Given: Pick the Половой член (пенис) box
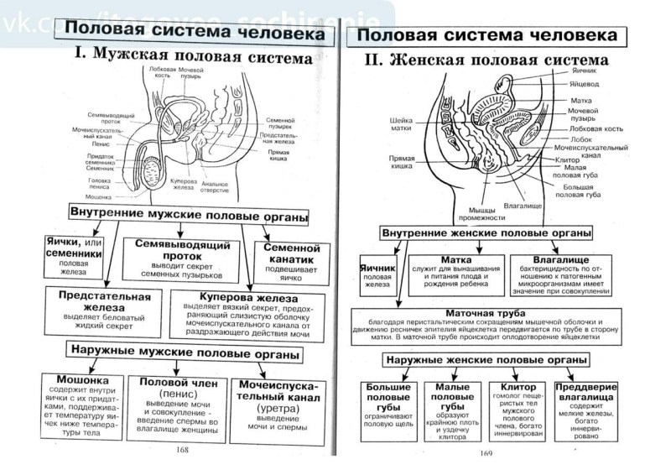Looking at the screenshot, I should [x=178, y=407].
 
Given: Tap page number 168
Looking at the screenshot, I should [x=183, y=451].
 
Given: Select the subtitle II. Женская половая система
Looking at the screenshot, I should [x=486, y=60].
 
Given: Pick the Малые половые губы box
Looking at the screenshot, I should [x=445, y=407].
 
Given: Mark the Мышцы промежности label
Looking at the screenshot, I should [x=481, y=213].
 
